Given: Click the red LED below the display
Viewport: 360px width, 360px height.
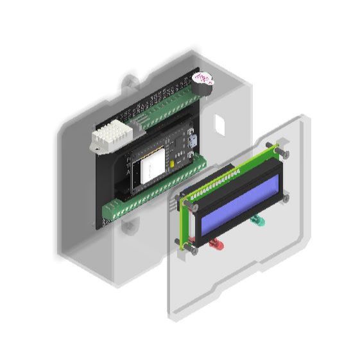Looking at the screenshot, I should point(214,244).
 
